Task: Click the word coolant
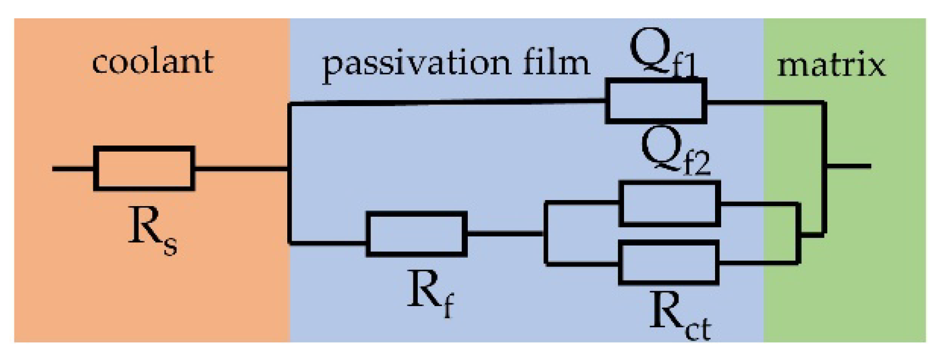coord(153,62)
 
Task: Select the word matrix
coord(831,66)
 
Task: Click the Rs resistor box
coord(144,168)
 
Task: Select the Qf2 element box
coord(669,203)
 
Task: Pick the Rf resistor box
coord(416,233)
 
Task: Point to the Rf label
coord(430,294)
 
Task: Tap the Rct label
coord(680,316)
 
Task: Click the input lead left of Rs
coord(72,169)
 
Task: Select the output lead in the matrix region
coord(848,167)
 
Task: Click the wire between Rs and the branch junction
coord(242,169)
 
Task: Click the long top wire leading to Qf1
coord(447,102)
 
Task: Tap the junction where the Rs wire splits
coord(289,169)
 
